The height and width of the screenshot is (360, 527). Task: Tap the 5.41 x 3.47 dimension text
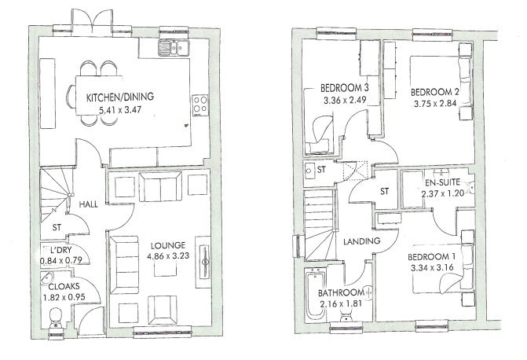pos(119,111)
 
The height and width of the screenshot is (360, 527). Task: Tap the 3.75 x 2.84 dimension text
pos(435,102)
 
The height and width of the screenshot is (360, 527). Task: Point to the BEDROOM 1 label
pos(433,257)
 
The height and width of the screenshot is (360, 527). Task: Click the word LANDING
pos(361,240)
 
